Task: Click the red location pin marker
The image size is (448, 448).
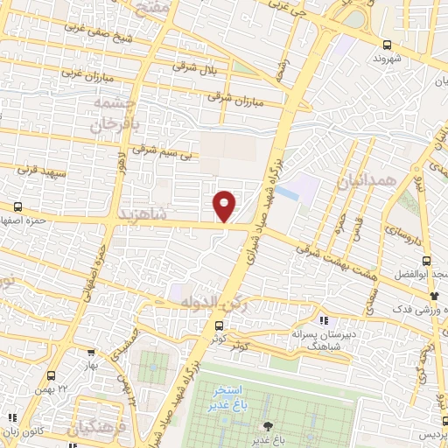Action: tap(225, 206)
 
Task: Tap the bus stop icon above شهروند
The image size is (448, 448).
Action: tap(387, 45)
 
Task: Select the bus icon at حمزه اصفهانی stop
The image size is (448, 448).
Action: tap(17, 207)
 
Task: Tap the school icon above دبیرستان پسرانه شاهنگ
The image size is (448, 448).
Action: tap(324, 319)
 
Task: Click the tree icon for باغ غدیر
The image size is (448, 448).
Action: tap(266, 425)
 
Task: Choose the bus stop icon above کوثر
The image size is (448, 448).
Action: tap(218, 325)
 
